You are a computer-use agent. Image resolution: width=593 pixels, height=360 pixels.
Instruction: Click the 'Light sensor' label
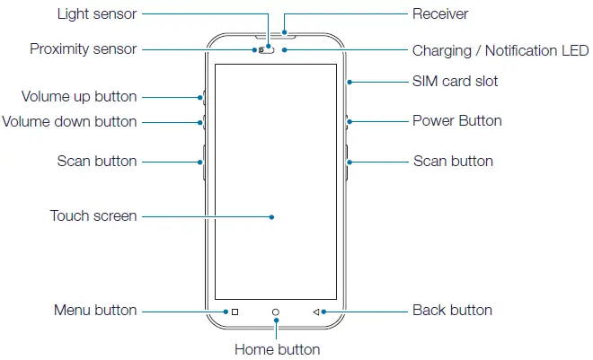tap(97, 14)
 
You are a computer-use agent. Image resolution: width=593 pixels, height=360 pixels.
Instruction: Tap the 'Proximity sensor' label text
tap(83, 49)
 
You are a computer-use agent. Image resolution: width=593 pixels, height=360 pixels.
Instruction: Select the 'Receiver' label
tap(440, 14)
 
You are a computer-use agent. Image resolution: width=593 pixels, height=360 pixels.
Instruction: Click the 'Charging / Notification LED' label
tap(500, 50)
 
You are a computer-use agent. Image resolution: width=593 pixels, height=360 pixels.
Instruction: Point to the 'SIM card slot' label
tap(455, 82)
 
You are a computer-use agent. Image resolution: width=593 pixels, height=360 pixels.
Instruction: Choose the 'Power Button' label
tap(456, 120)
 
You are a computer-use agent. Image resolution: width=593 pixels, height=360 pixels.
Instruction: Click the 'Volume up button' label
tap(79, 96)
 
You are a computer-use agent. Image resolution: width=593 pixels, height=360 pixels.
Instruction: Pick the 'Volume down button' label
tap(70, 121)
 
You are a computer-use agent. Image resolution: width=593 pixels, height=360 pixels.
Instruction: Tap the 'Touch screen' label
tap(93, 215)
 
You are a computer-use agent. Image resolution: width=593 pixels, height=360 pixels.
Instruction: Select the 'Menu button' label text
tap(95, 311)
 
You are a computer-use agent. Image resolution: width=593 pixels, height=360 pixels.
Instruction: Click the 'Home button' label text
tap(277, 349)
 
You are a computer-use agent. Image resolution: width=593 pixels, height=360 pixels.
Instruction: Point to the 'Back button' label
tap(452, 311)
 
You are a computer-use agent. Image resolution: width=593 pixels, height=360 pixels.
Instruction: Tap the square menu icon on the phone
tap(235, 312)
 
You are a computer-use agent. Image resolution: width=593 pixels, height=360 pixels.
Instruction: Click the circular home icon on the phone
tap(276, 312)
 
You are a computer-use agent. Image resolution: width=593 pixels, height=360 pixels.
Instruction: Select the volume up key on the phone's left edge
tap(205, 97)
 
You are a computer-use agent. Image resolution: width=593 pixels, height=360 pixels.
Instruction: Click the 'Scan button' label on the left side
tap(97, 162)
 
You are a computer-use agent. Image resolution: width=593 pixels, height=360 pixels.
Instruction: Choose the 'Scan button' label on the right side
tap(453, 162)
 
